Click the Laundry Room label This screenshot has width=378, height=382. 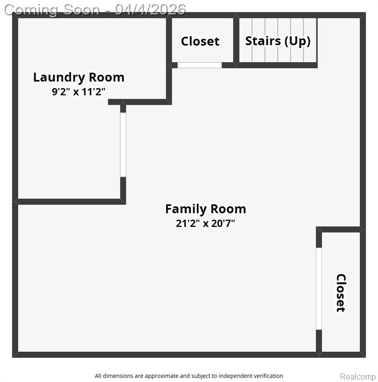[x=79, y=77]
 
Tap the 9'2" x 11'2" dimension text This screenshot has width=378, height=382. [x=79, y=92]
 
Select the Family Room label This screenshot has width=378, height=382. [x=205, y=209]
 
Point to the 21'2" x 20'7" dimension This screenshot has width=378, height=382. [x=205, y=223]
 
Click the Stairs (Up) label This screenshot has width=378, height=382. [x=278, y=41]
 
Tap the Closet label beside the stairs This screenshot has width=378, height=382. [x=200, y=41]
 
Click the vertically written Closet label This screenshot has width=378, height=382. [x=341, y=293]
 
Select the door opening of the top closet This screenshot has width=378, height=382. [x=199, y=65]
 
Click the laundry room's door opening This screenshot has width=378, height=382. [x=123, y=145]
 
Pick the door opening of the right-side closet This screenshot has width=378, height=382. [x=319, y=288]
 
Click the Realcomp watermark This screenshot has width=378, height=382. [x=358, y=377]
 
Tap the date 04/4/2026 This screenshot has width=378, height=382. [x=150, y=10]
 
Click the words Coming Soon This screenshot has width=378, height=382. [x=52, y=10]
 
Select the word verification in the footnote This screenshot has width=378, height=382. [x=268, y=376]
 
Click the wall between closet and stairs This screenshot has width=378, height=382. [x=236, y=40]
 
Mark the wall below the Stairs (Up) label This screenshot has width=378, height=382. [x=277, y=65]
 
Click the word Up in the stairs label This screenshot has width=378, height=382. [x=298, y=41]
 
